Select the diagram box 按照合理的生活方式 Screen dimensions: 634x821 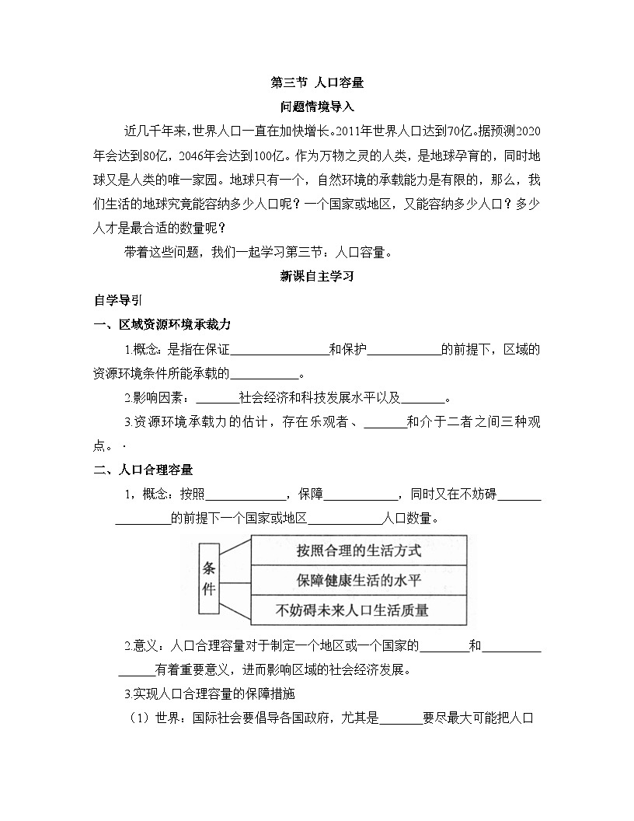(x=358, y=550)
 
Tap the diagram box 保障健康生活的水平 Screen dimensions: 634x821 (x=358, y=580)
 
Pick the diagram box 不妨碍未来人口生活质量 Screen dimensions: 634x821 (x=358, y=610)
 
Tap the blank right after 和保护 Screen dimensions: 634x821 (x=403, y=349)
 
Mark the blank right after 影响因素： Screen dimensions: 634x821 (x=217, y=399)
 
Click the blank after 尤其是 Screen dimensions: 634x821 (x=400, y=719)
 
